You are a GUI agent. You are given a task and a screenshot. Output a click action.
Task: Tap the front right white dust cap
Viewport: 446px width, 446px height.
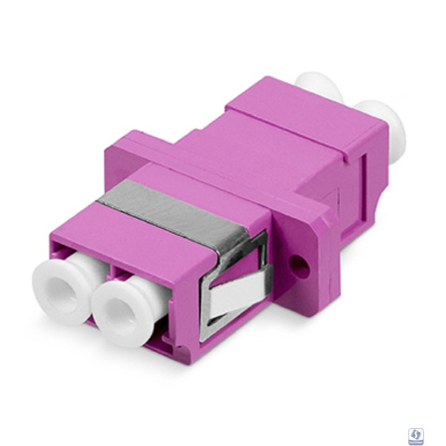122,305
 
